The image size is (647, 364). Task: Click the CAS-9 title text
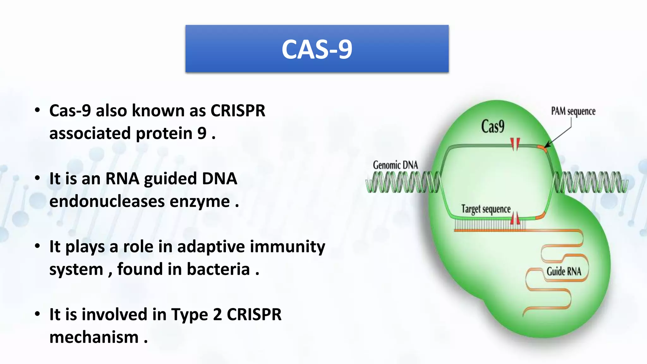[x=317, y=49]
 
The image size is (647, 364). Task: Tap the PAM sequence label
[x=573, y=111]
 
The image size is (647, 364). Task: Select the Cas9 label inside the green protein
[x=493, y=127]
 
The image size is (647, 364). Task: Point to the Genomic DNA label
[x=395, y=165]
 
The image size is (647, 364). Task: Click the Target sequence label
[x=486, y=209]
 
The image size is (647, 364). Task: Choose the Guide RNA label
[x=564, y=271]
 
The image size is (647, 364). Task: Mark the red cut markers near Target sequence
[x=515, y=219]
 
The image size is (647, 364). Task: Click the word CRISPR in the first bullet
[x=238, y=111]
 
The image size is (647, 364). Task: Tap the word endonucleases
[x=107, y=201]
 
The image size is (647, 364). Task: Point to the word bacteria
[x=218, y=269]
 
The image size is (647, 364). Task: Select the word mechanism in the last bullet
[x=94, y=337]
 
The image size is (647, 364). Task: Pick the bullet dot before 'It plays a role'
[x=38, y=246]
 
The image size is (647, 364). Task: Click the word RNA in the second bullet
[x=122, y=179]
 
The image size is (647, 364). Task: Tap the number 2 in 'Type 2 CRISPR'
[x=217, y=314]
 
